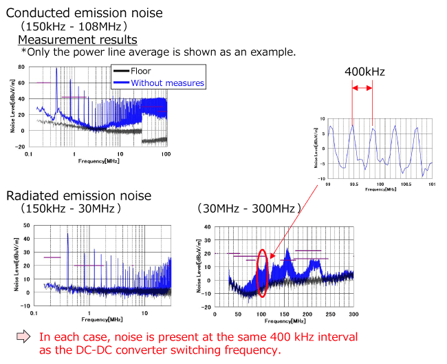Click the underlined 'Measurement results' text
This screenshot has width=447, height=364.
tap(77, 39)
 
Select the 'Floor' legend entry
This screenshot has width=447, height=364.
tap(140, 71)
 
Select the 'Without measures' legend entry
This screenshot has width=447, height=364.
tap(167, 83)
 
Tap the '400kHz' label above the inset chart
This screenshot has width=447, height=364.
tap(364, 71)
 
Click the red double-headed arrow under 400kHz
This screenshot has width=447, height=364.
tap(362, 88)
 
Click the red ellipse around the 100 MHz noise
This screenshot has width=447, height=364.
tap(262, 272)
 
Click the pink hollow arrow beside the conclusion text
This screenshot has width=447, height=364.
tap(25, 336)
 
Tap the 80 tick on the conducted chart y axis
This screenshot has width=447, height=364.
tap(22, 67)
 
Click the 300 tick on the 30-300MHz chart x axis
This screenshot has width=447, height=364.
tap(353, 314)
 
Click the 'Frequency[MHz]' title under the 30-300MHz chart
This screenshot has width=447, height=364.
tap(283, 321)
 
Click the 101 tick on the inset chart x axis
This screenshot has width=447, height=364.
tap(433, 184)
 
